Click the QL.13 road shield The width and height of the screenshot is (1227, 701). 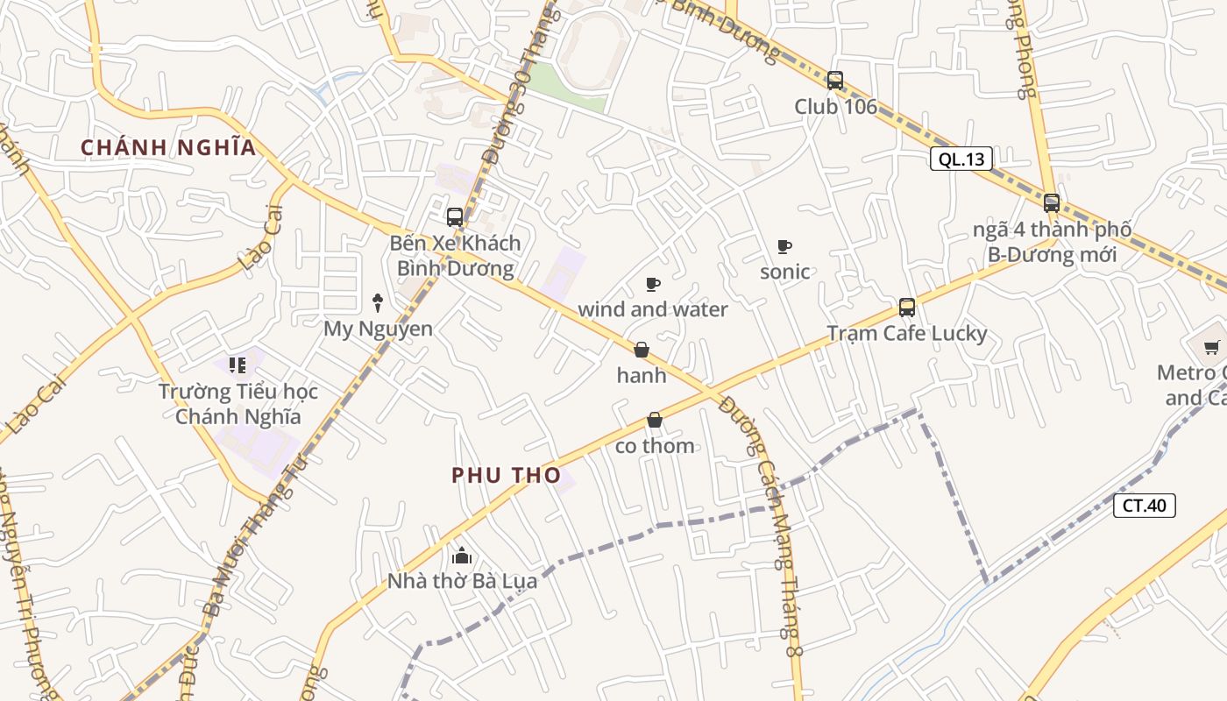961,159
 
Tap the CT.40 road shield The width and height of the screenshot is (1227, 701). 1145,505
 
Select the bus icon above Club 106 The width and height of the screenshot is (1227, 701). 835,81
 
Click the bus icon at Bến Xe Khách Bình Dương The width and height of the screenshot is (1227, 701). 454,216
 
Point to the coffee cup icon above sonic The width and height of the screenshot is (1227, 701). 784,246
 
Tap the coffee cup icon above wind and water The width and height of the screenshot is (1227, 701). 652,284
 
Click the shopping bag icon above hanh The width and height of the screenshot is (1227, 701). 642,350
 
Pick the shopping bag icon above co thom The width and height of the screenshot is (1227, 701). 654,421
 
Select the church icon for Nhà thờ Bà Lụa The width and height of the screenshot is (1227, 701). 462,556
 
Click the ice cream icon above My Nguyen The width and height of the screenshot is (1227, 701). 378,303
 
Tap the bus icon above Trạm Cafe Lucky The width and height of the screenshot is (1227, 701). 907,308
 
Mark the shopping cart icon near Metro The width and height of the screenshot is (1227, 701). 1212,347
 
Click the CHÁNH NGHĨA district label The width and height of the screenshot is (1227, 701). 168,147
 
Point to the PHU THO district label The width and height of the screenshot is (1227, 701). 506,475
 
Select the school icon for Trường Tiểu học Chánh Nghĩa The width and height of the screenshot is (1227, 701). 237,365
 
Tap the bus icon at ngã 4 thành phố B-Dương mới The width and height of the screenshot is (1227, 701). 1052,203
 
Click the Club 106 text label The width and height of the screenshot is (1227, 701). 835,107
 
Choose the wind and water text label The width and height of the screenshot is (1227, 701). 652,309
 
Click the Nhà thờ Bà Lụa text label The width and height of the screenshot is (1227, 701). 462,580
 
